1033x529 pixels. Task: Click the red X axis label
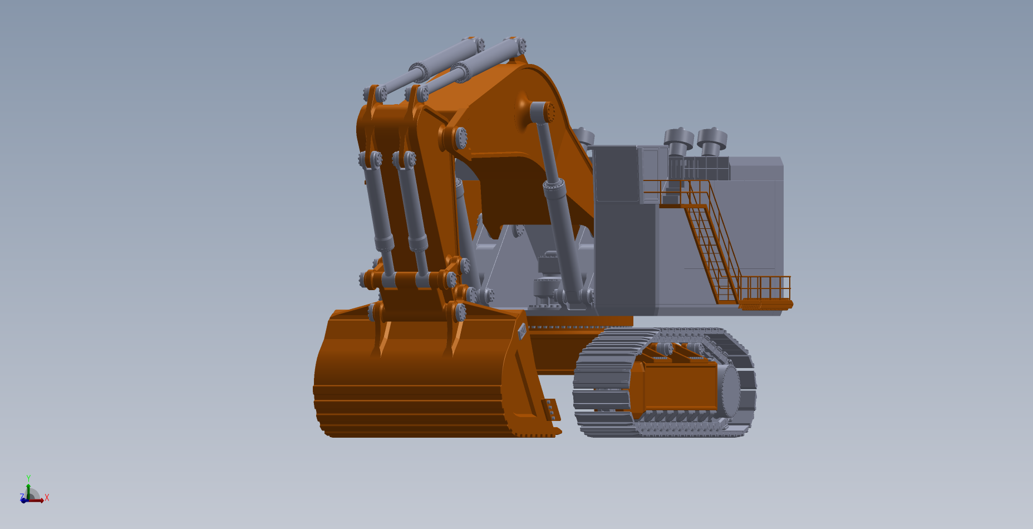pyautogui.click(x=47, y=497)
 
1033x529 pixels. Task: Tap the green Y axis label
pyautogui.click(x=28, y=478)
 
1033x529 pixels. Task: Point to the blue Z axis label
pyautogui.click(x=22, y=497)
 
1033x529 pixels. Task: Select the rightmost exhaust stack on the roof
pyautogui.click(x=712, y=141)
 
